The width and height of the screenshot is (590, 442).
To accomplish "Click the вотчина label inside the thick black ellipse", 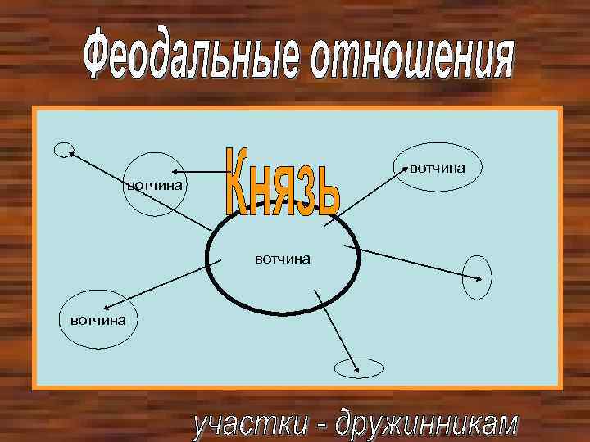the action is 282,259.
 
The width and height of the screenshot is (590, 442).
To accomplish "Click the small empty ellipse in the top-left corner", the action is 62,148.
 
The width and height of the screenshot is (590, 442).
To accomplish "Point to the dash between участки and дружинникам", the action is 323,425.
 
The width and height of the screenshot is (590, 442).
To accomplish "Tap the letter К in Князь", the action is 238,183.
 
